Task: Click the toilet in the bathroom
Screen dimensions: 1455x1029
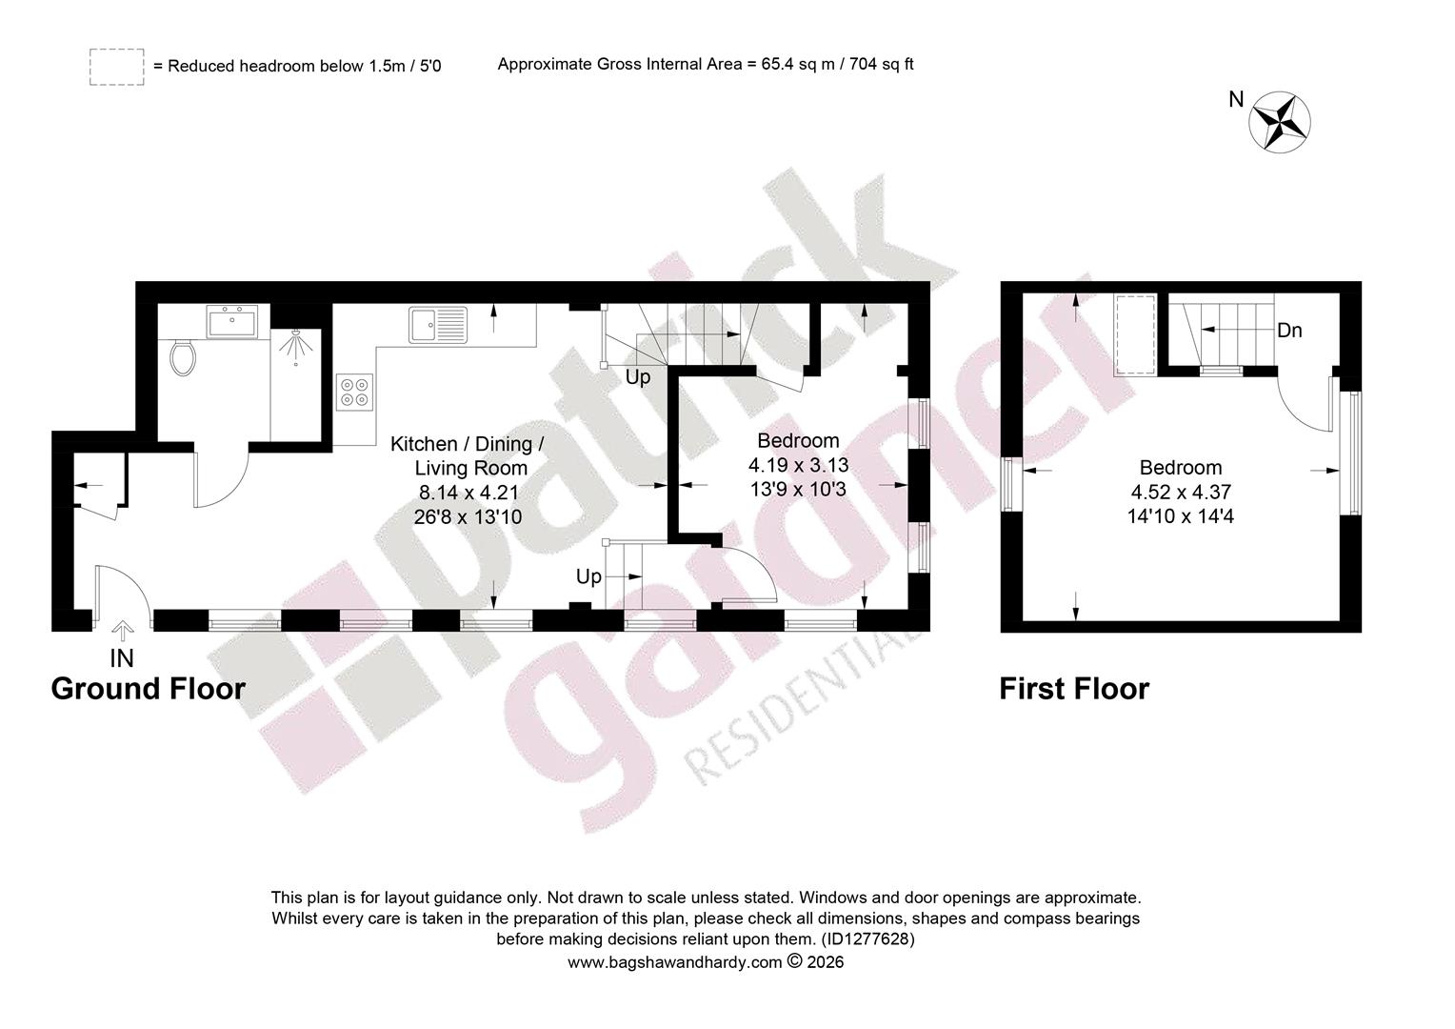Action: (x=183, y=358)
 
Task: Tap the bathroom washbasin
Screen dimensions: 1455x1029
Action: (x=232, y=322)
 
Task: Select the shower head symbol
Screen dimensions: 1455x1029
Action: (x=295, y=343)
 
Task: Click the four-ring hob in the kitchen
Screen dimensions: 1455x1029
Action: (x=354, y=392)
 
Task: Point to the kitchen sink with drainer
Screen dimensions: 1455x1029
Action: (x=438, y=324)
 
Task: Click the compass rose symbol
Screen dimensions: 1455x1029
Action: (x=1280, y=122)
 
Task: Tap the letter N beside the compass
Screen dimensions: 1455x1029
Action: (x=1236, y=99)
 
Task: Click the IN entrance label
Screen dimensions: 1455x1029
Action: (x=122, y=658)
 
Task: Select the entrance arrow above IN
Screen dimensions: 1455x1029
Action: (x=123, y=631)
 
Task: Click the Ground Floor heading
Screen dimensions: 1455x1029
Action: (x=149, y=689)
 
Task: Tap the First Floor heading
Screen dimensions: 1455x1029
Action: (x=1074, y=689)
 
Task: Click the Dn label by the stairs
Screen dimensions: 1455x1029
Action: (x=1289, y=331)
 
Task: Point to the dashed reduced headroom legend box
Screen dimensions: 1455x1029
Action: (x=117, y=67)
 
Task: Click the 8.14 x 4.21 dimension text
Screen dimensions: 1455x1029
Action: (x=469, y=493)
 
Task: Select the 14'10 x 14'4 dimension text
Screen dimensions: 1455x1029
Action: (x=1180, y=516)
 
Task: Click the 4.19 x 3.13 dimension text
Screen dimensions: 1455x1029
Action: (x=798, y=465)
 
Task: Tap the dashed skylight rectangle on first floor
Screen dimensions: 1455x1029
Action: (x=1135, y=334)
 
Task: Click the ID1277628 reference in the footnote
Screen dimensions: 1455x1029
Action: (x=867, y=939)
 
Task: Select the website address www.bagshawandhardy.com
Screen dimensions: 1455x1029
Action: (x=675, y=962)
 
